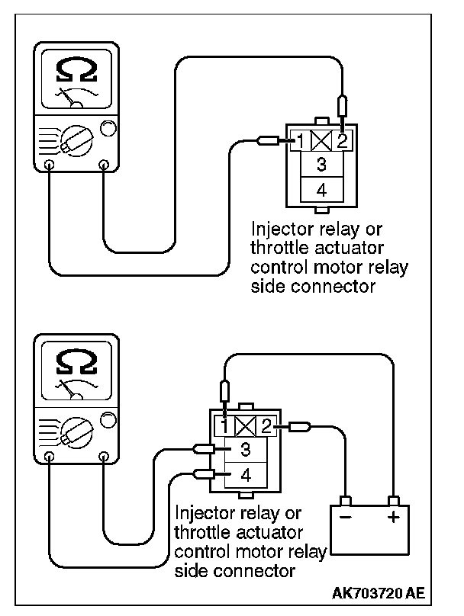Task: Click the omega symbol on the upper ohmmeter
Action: click(76, 70)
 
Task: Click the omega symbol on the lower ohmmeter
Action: click(76, 362)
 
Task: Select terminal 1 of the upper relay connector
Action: click(300, 141)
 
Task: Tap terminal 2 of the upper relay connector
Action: click(342, 141)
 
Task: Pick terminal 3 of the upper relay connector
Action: click(321, 164)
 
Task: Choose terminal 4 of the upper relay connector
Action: click(321, 190)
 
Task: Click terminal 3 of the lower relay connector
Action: click(246, 449)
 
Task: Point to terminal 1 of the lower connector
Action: click(224, 426)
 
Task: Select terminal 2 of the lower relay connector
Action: click(266, 426)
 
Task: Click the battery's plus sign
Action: click(393, 517)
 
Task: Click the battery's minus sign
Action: click(345, 517)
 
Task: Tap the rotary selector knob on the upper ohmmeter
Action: click(76, 141)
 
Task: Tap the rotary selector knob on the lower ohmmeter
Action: click(76, 433)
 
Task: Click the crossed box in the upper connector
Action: click(321, 141)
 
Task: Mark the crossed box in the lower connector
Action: click(245, 426)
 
